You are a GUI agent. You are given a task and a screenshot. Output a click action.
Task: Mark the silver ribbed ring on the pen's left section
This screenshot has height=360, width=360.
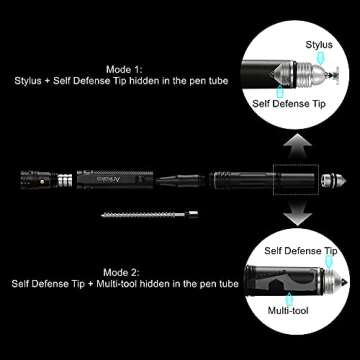(63, 180)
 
